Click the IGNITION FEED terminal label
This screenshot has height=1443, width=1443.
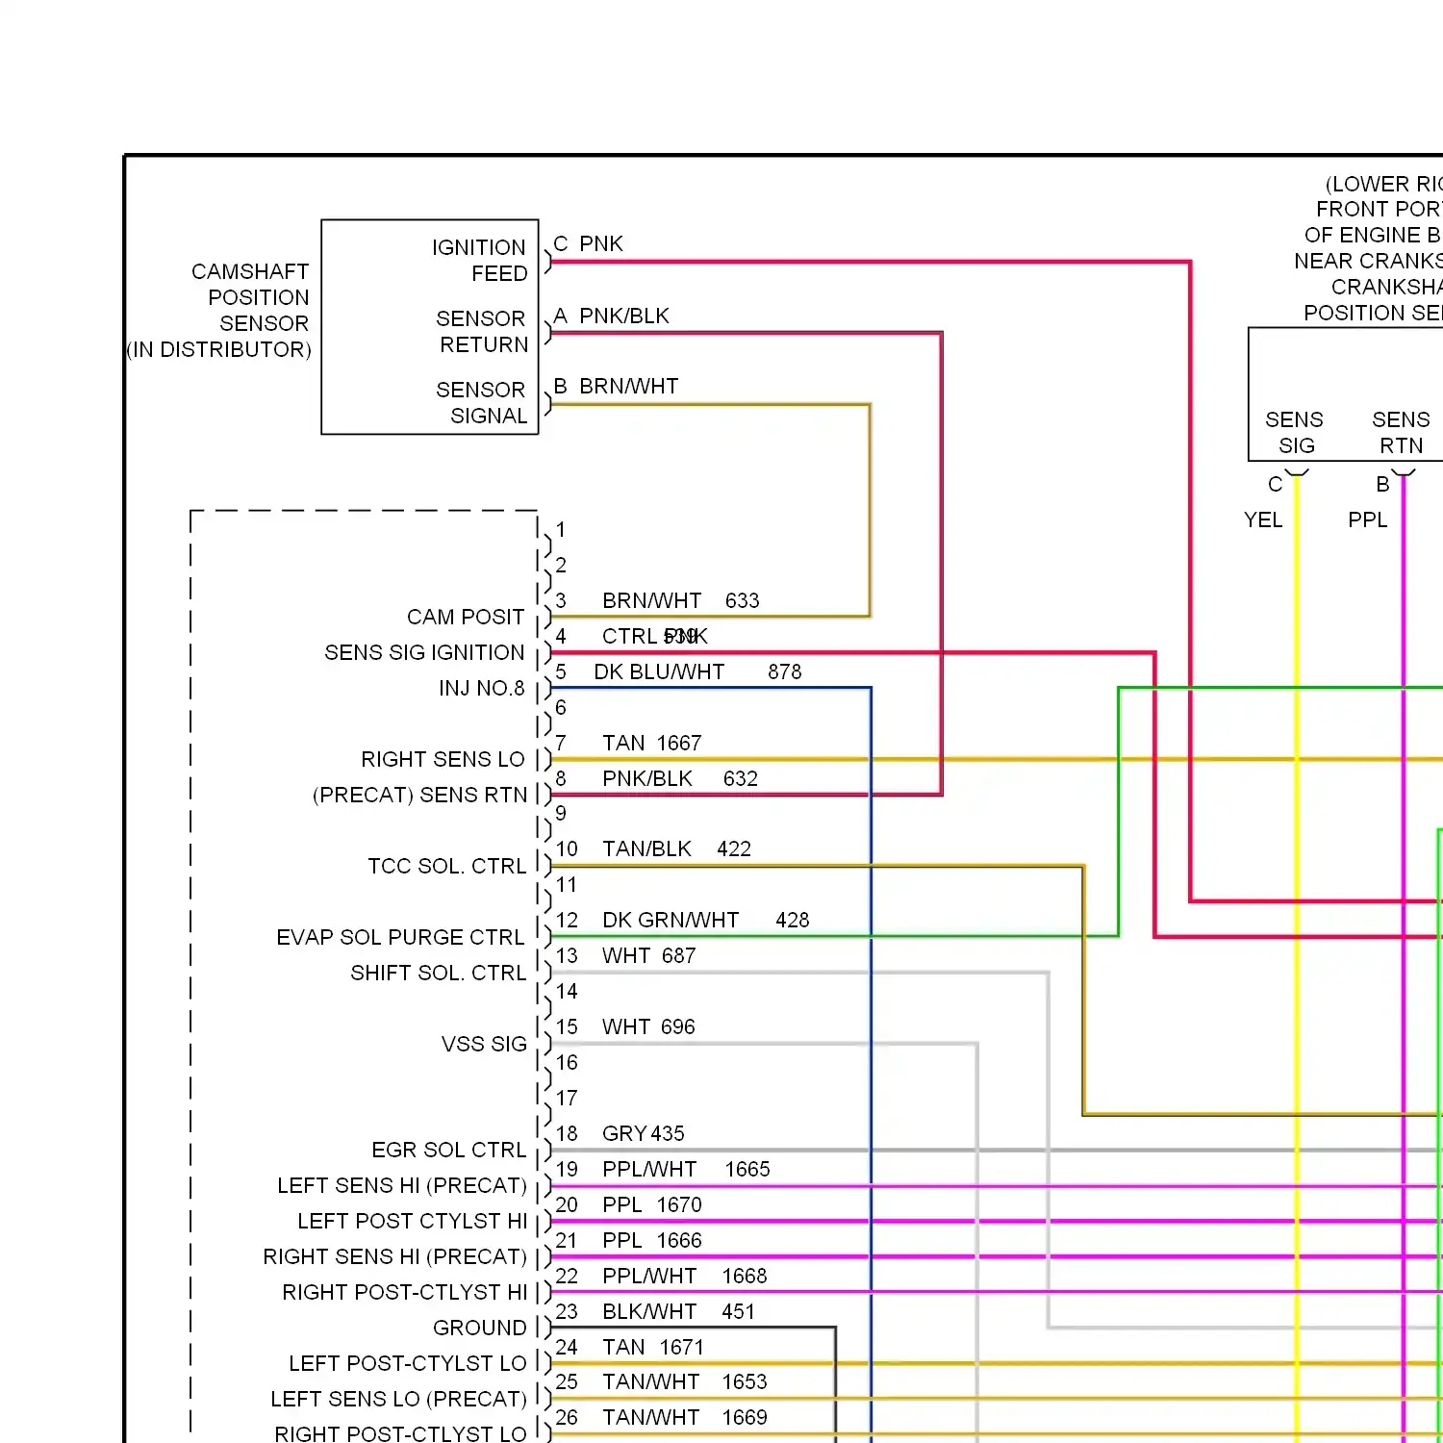[x=479, y=261]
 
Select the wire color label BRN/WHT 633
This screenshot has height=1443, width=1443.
[x=680, y=601]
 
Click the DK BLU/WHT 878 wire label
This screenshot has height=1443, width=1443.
[x=696, y=672]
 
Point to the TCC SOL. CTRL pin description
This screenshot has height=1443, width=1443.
[x=446, y=867]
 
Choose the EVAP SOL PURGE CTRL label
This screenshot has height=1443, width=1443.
[x=400, y=938]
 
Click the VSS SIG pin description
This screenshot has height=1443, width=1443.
[x=484, y=1045]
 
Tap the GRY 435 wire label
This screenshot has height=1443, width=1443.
[x=643, y=1134]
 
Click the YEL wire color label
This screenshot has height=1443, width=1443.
[x=1262, y=520]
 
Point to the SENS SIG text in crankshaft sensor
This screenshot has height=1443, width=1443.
[x=1294, y=433]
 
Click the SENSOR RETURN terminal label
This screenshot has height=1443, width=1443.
[x=482, y=332]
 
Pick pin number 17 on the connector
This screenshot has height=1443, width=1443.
[x=567, y=1099]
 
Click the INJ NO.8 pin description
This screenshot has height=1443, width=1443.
[x=481, y=689]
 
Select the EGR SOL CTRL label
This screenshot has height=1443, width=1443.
[x=448, y=1151]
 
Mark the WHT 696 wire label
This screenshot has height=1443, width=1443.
[x=648, y=1027]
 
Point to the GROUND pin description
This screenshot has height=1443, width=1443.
[x=479, y=1329]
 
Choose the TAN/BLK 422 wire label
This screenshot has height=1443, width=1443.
[x=676, y=849]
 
